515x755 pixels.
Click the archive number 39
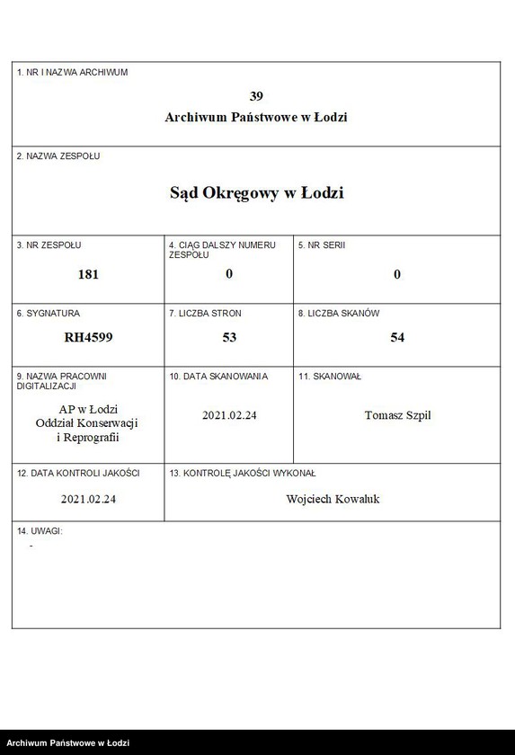(256, 96)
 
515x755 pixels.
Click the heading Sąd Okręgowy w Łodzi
(256, 192)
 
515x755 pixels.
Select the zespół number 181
(88, 274)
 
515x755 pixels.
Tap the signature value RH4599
(88, 338)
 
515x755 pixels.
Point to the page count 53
(229, 338)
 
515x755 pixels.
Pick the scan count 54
(397, 338)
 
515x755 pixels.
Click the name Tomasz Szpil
(397, 415)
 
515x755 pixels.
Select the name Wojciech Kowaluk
(333, 499)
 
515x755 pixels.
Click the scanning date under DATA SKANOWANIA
(229, 415)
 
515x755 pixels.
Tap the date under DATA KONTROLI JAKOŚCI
(88, 499)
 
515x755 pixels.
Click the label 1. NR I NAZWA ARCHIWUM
(72, 72)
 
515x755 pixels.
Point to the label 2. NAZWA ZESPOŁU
(58, 156)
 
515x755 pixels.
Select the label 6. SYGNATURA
(49, 314)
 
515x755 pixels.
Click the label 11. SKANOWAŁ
(330, 377)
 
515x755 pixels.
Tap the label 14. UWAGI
(39, 531)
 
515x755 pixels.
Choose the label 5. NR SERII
(322, 244)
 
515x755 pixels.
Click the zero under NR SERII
(397, 274)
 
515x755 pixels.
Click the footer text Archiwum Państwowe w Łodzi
(68, 743)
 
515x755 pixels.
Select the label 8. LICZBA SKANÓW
(339, 314)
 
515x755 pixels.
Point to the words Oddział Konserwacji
(88, 423)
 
